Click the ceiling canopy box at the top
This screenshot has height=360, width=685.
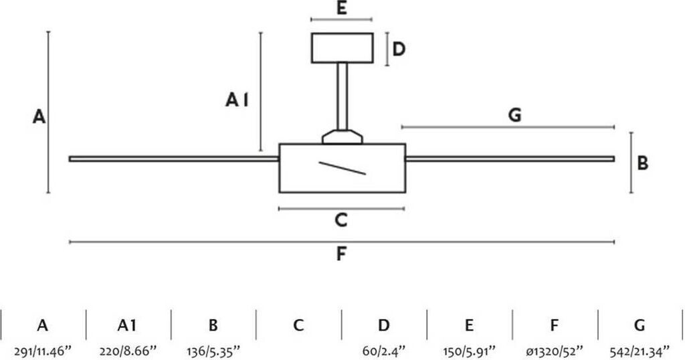coord(342,48)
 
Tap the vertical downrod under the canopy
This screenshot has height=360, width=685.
coord(342,96)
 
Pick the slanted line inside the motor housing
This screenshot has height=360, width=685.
coord(342,168)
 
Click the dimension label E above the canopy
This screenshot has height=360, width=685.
coord(341,9)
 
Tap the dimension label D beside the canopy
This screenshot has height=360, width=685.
coord(399,49)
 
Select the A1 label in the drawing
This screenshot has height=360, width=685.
coord(237,100)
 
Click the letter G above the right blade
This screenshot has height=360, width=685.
coord(514,115)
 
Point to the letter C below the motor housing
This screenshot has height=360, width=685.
coord(341,219)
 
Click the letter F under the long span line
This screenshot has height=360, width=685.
coord(342,254)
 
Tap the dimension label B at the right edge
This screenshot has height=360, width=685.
coord(642,163)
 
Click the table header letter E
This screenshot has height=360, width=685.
coord(469,326)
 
